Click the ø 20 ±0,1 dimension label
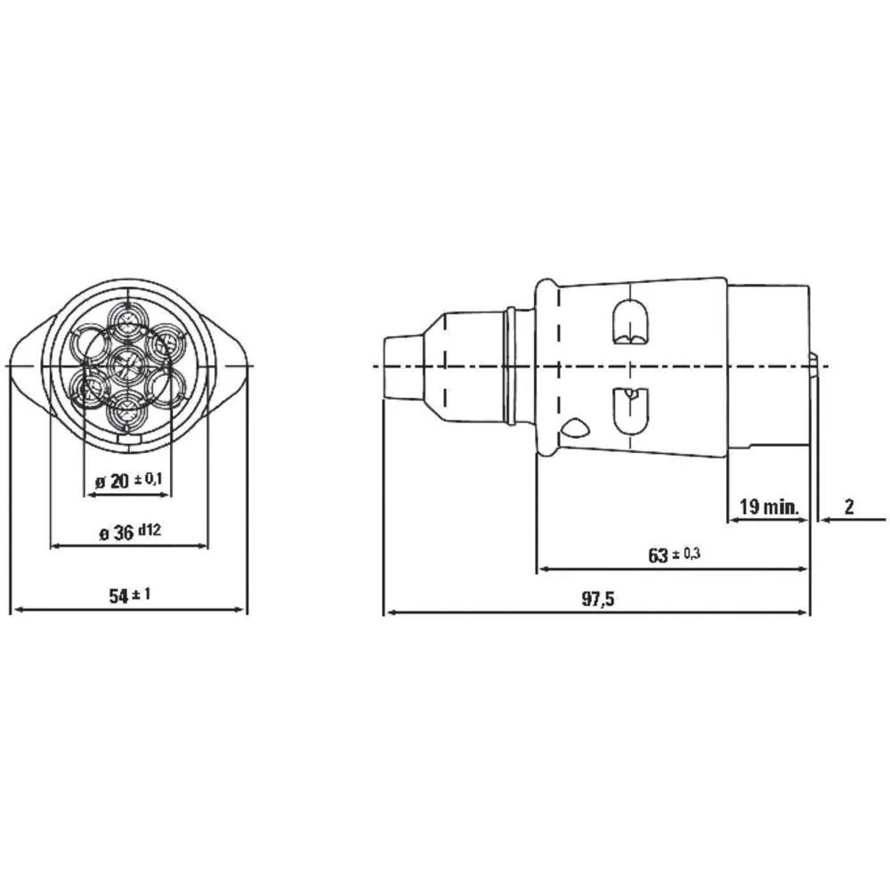128,481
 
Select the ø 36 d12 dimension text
129,533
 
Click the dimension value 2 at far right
848,507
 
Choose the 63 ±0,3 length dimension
674,555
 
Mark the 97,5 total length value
598,600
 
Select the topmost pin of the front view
128,320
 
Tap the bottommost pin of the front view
128,412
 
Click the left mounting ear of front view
27,366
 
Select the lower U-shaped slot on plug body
628,409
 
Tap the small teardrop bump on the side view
574,430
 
